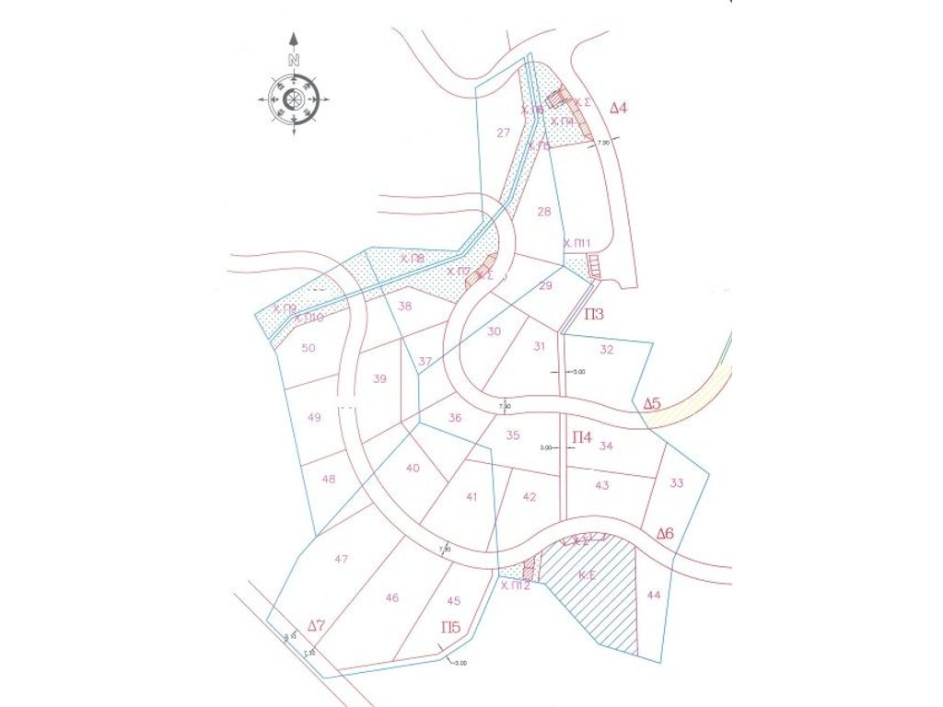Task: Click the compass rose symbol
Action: [294, 98]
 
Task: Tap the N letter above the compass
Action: [294, 60]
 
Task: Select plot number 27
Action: [503, 133]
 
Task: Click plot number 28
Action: [544, 212]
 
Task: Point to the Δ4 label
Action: [619, 109]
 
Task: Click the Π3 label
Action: [594, 315]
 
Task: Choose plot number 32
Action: [606, 350]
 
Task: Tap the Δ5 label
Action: [652, 404]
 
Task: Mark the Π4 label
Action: [582, 436]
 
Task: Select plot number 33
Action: [677, 482]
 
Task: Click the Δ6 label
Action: [665, 534]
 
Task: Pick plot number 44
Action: [654, 596]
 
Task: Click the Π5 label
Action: [450, 628]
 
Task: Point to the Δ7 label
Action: [316, 626]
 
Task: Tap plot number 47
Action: [342, 559]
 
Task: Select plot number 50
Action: [309, 348]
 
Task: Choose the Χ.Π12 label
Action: [515, 585]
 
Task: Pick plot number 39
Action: [379, 379]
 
